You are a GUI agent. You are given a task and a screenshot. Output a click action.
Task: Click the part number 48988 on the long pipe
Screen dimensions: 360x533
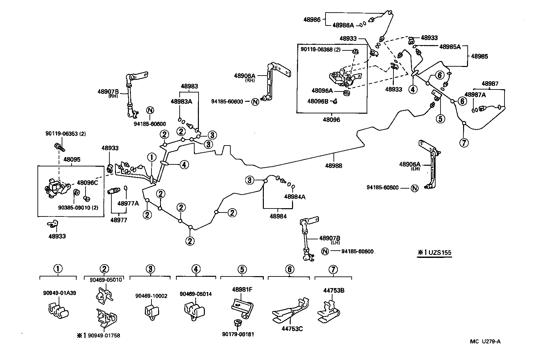[334, 166]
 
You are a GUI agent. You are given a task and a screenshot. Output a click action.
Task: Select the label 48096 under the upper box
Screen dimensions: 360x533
[331, 120]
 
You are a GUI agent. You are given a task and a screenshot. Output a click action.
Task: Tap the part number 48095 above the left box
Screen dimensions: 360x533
[72, 159]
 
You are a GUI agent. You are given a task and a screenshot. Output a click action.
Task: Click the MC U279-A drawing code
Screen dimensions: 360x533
[485, 341]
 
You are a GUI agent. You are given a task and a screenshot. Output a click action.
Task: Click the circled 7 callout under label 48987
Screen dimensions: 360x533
[464, 143]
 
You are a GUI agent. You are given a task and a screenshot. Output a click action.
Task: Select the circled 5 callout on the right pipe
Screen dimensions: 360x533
[440, 118]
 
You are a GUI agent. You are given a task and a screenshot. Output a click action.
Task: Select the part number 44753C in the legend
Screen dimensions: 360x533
[292, 329]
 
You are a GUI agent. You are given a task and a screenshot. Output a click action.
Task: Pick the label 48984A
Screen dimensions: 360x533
[295, 197]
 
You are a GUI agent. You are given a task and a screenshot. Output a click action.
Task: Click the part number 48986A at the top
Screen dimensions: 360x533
[343, 25]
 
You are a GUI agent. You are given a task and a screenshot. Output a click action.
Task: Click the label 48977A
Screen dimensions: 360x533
[128, 203]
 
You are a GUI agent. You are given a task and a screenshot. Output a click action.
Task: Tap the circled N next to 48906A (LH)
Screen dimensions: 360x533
[414, 188]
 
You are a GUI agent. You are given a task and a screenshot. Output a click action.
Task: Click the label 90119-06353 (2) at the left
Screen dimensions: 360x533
[66, 134]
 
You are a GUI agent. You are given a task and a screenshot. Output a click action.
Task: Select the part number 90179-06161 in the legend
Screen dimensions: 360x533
[238, 334]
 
